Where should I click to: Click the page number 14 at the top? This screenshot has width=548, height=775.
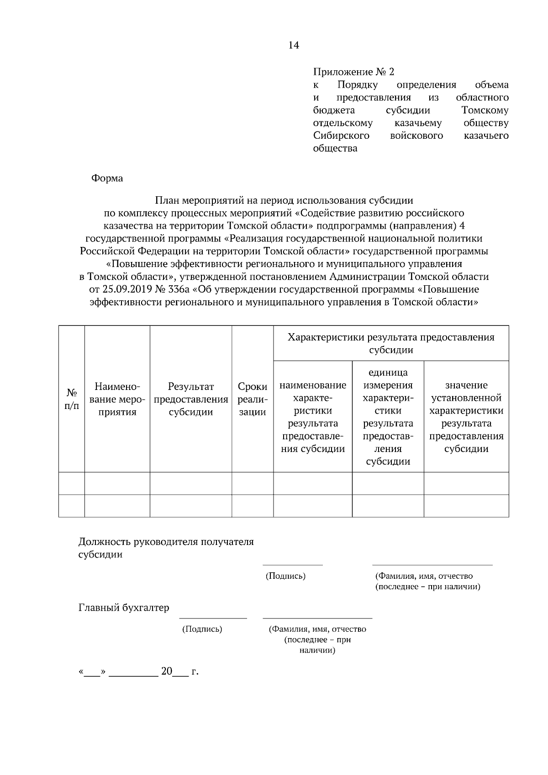click(294, 45)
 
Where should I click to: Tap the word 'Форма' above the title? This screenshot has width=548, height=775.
click(107, 178)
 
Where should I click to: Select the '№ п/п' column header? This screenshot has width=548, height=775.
click(72, 399)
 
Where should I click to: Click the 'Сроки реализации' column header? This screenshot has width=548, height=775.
click(253, 399)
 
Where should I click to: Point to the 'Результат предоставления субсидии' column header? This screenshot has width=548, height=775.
click(191, 399)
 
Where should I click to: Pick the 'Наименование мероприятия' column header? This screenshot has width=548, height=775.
click(117, 399)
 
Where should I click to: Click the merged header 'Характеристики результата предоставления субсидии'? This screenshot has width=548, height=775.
click(391, 343)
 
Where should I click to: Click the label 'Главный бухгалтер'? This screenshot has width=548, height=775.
click(124, 607)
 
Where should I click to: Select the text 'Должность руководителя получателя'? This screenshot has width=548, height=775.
click(166, 542)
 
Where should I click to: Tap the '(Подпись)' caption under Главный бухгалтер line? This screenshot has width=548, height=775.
click(202, 629)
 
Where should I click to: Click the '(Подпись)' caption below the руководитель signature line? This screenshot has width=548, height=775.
click(285, 576)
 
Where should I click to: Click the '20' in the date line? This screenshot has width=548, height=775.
click(167, 671)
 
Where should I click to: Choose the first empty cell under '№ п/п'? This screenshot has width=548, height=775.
click(72, 483)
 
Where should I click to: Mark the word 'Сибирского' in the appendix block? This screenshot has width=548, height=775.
click(341, 136)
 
